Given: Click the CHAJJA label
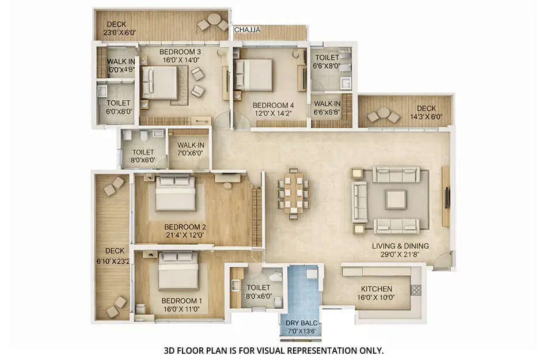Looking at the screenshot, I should pos(246,29).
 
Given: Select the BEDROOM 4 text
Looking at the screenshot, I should pos(273,105).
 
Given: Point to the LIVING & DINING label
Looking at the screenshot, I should pos(400,246).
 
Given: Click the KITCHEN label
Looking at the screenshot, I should pos(377,289).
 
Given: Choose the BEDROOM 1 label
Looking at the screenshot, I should pos(181,301).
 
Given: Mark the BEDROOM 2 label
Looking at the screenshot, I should pos(185,227).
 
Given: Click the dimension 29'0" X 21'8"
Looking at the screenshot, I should pos(400,254).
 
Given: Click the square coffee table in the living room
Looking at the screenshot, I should pos(396,199).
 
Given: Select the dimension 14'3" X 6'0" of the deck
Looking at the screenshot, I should pos(426,116).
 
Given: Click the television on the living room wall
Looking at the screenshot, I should pos(447,196).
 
